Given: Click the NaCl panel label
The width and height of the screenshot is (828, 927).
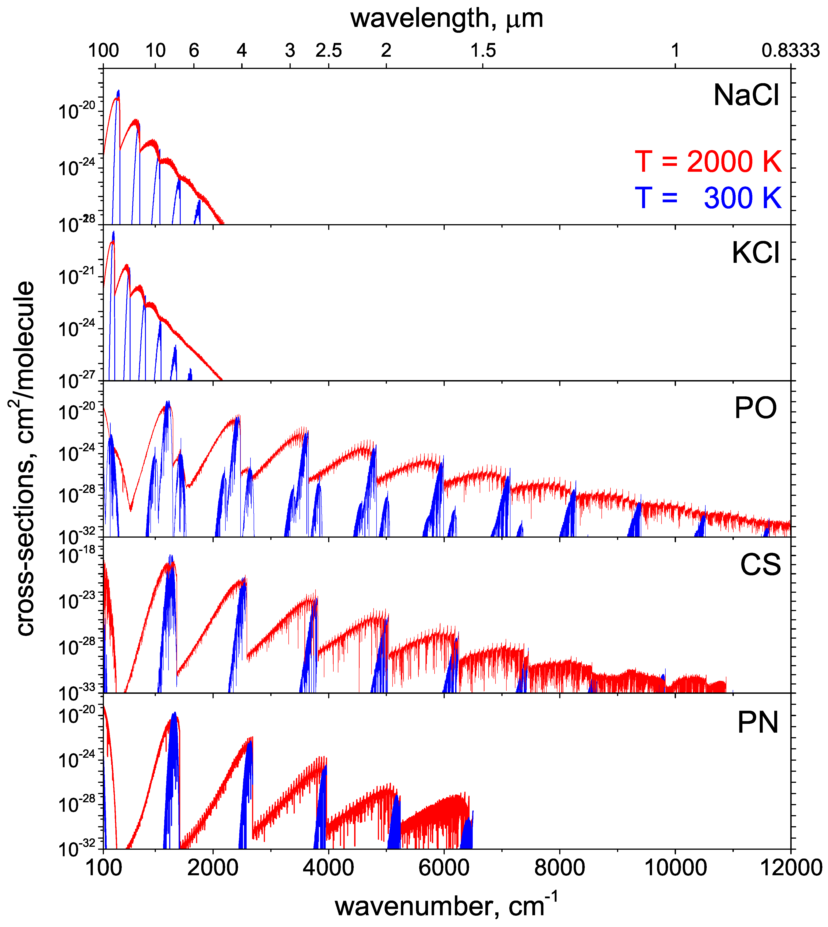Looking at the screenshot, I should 746,96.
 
